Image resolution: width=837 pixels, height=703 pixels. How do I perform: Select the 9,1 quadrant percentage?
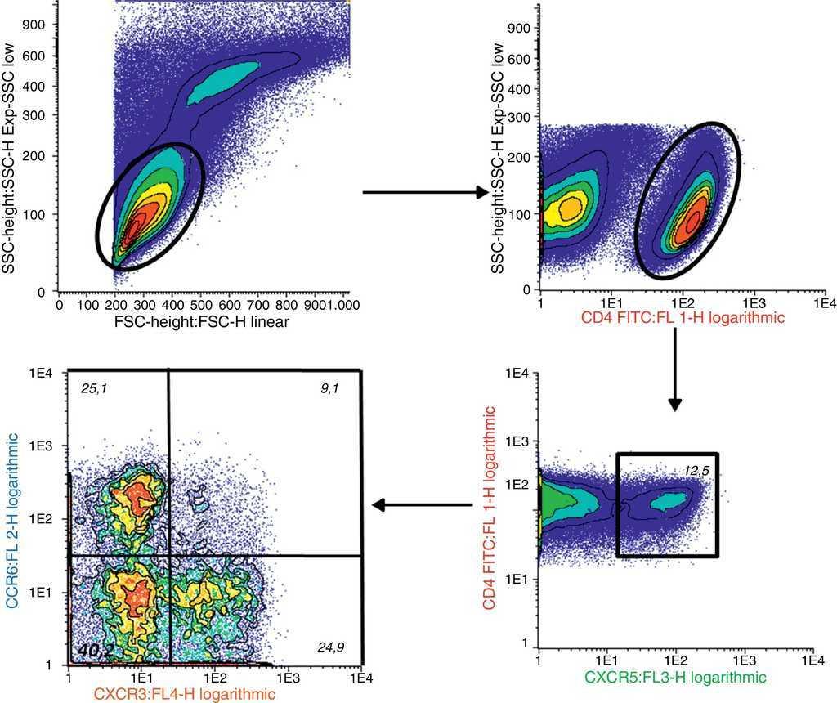coord(330,389)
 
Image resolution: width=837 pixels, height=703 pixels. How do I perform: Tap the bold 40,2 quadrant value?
coord(95,650)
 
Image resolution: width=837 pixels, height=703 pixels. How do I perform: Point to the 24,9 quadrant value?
coord(330,647)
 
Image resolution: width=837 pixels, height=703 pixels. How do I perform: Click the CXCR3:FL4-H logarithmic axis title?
coord(183,694)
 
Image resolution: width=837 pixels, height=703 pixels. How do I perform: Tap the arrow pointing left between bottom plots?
coord(423,505)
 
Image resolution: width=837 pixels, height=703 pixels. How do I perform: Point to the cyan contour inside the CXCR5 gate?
coord(668,500)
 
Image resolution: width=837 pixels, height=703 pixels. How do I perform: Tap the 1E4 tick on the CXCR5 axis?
coord(812,659)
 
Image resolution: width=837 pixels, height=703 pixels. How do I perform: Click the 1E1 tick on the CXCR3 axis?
coord(141,678)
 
